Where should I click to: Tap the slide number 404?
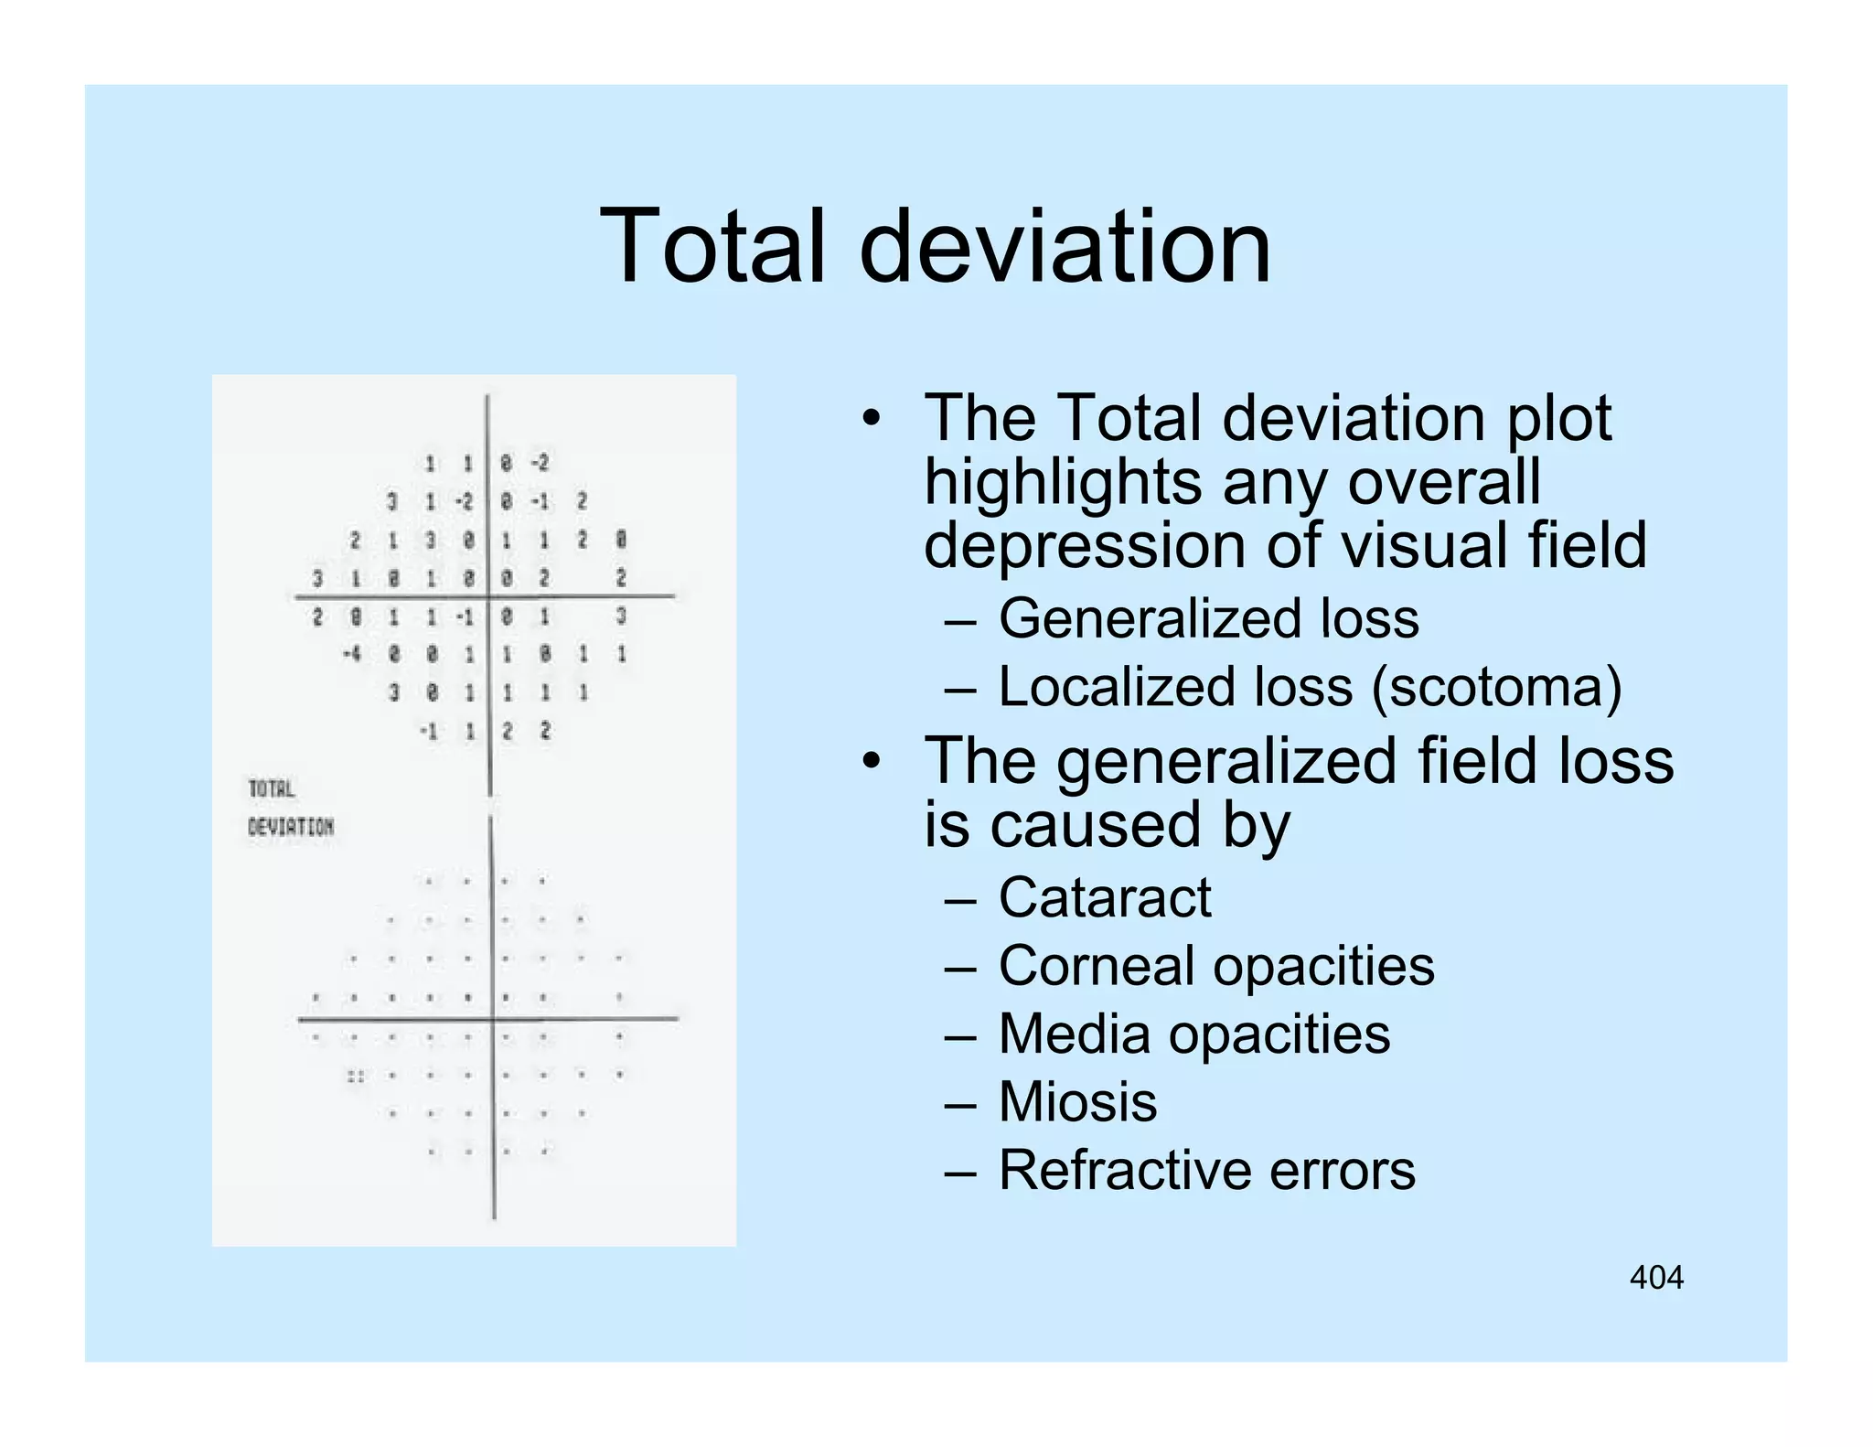pos(1656,1277)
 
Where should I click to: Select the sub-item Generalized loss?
pos(1208,618)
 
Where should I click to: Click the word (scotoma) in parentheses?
pos(1496,687)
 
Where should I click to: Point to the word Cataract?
pos(1105,897)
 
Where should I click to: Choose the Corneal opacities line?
pos(1216,966)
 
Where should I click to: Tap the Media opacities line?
pos(1193,1034)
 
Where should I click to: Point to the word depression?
pos(1084,546)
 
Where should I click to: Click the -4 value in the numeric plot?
pos(352,655)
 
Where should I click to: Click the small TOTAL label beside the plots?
pos(272,788)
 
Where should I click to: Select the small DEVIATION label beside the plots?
pos(291,827)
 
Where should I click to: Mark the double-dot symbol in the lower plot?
pos(355,1077)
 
